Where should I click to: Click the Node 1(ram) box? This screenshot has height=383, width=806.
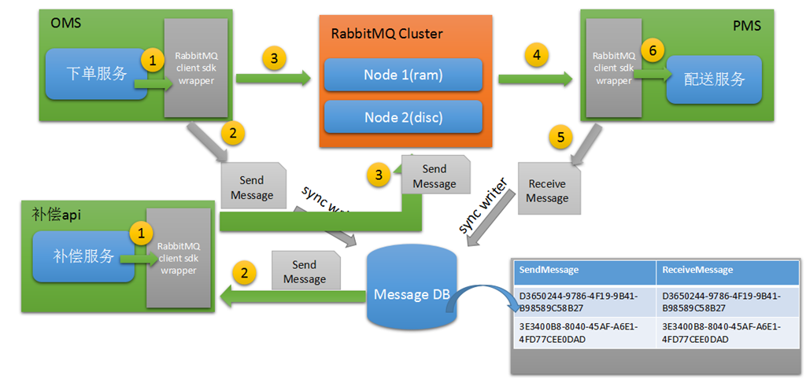pyautogui.click(x=403, y=75)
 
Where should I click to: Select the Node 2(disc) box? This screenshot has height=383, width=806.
pyautogui.click(x=403, y=117)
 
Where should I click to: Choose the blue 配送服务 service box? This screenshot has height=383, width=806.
pyautogui.click(x=714, y=79)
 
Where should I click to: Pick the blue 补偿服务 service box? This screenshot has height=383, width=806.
pyautogui.click(x=83, y=256)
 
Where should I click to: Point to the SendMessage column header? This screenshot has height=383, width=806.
pyautogui.click(x=583, y=270)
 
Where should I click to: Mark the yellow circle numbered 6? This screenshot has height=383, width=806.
pyautogui.click(x=651, y=49)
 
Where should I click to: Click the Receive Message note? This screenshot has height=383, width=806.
pyautogui.click(x=548, y=190)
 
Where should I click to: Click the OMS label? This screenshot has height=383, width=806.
pyautogui.click(x=65, y=23)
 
